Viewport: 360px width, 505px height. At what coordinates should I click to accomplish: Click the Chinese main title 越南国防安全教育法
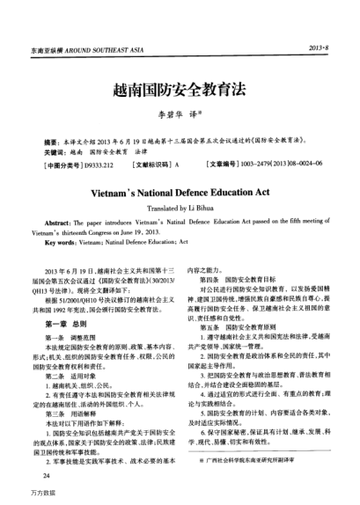pyautogui.click(x=180, y=90)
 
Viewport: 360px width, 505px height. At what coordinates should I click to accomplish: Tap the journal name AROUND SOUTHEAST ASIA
pyautogui.click(x=96, y=45)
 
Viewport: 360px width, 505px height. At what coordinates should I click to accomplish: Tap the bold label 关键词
pyautogui.click(x=55, y=152)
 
